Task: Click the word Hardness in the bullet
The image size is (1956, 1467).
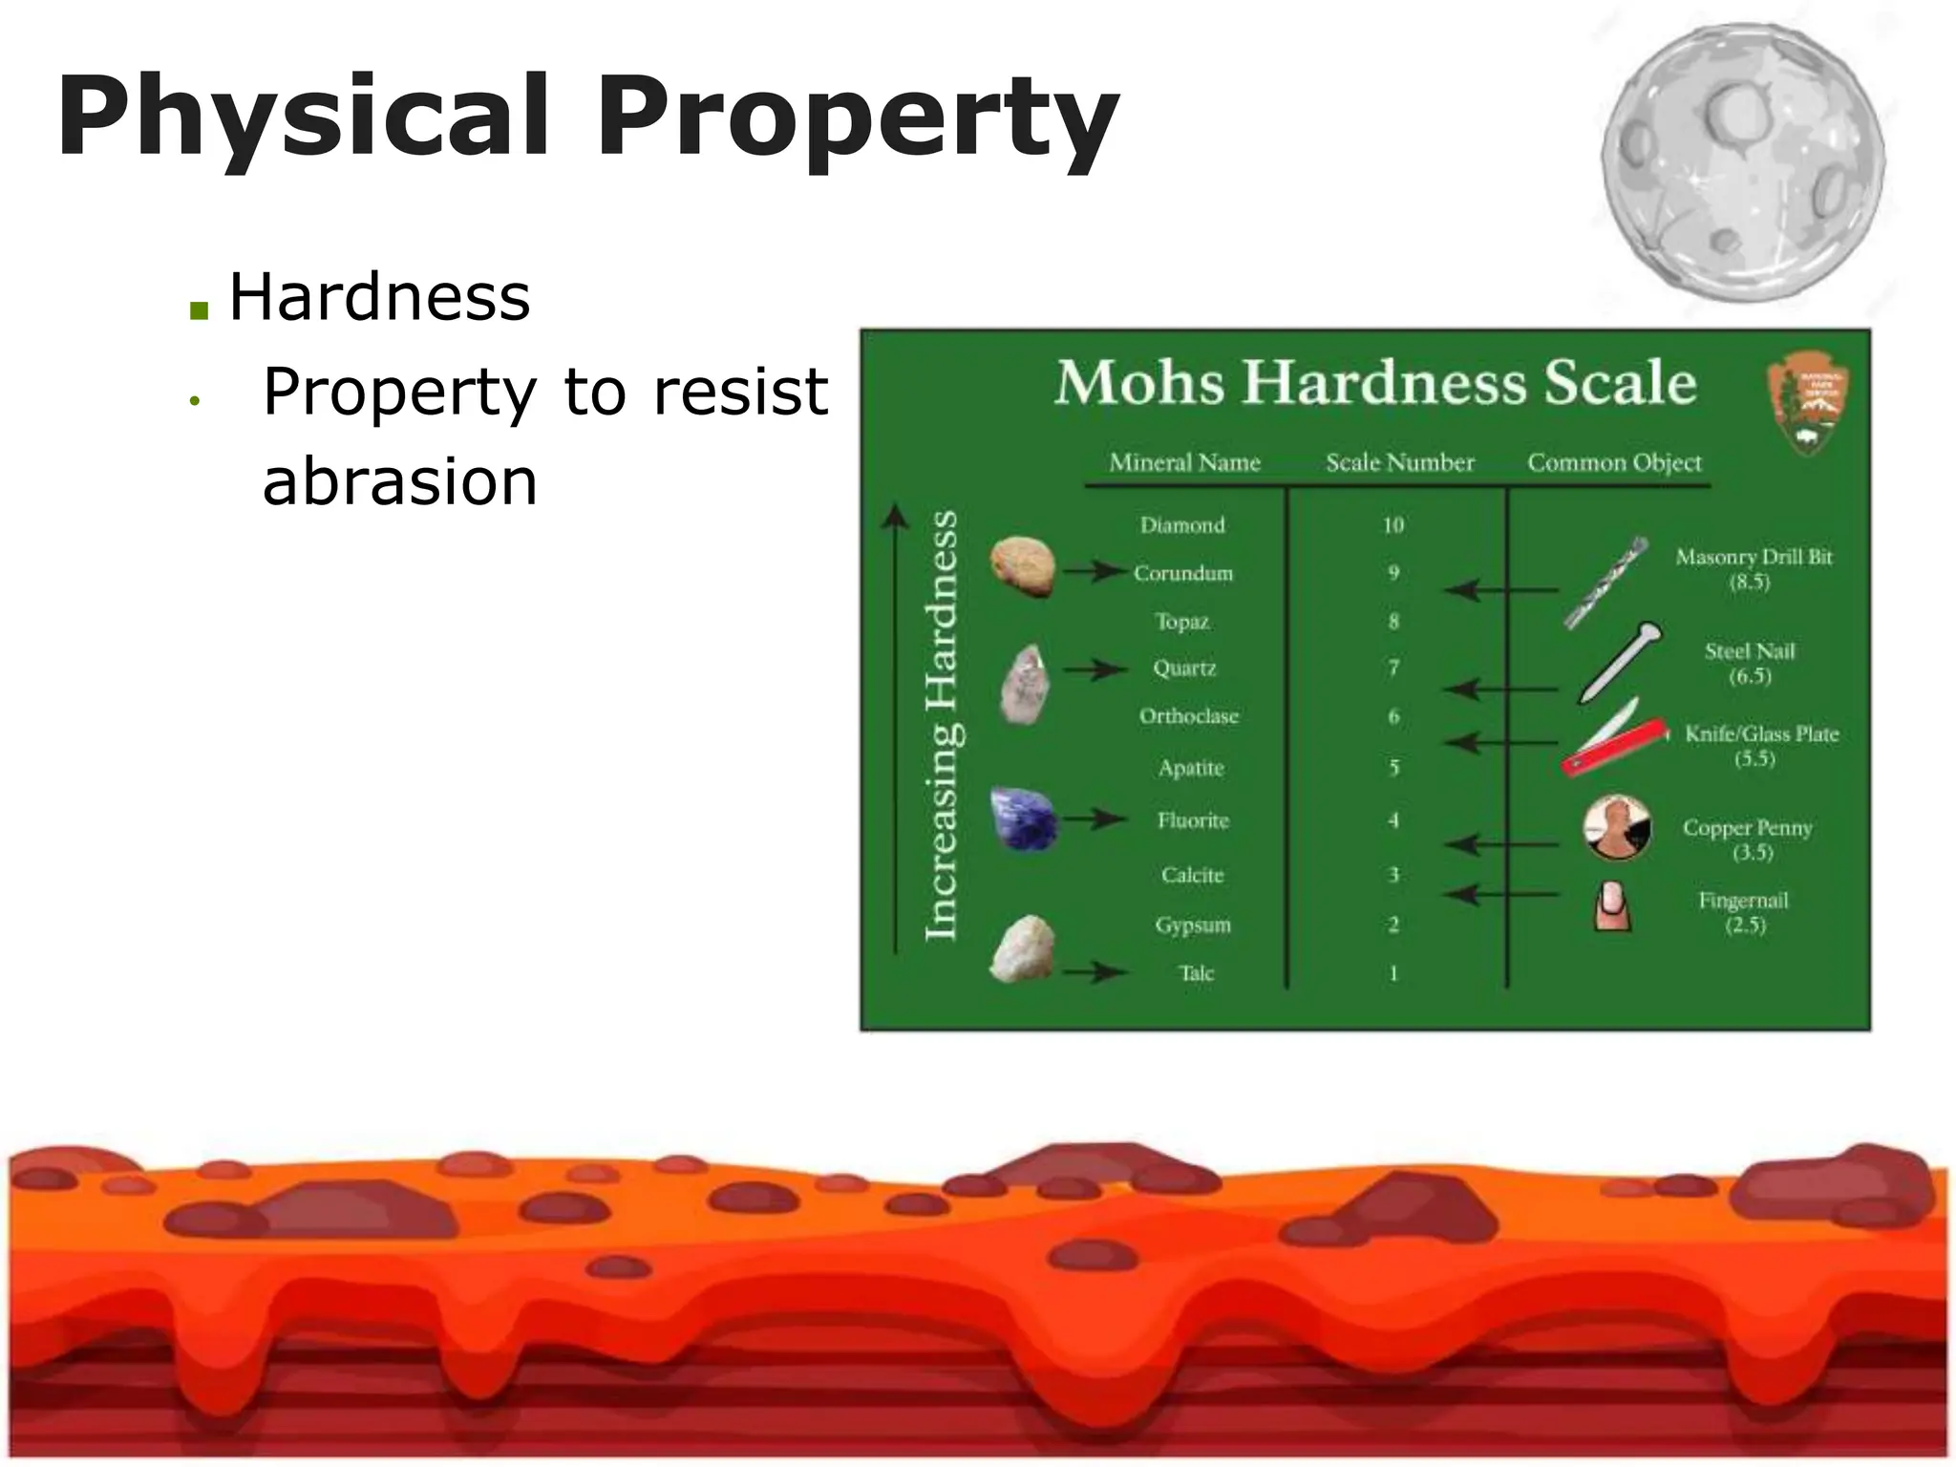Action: coord(379,297)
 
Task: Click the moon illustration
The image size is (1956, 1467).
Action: coord(1743,162)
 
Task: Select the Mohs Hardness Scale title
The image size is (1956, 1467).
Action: coord(1375,383)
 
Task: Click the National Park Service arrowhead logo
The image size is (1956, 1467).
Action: coord(1807,401)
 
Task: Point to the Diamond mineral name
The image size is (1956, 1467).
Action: coord(1182,525)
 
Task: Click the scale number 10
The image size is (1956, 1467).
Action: coord(1393,525)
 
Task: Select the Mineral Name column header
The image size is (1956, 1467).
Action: coord(1184,463)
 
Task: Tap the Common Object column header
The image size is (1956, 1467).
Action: coord(1614,463)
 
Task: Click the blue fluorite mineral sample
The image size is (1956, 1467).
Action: coord(1023,819)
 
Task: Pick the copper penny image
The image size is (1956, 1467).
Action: coord(1617,828)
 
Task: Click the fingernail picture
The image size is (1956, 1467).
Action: coord(1612,905)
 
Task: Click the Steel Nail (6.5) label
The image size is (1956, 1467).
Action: coord(1750,663)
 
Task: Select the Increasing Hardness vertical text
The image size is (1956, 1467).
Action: coord(942,726)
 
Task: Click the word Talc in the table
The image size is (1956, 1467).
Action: coord(1196,973)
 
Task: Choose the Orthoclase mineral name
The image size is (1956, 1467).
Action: coord(1188,716)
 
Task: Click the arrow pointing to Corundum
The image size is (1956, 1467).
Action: coord(1095,571)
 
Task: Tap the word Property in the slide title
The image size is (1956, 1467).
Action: coord(857,117)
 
